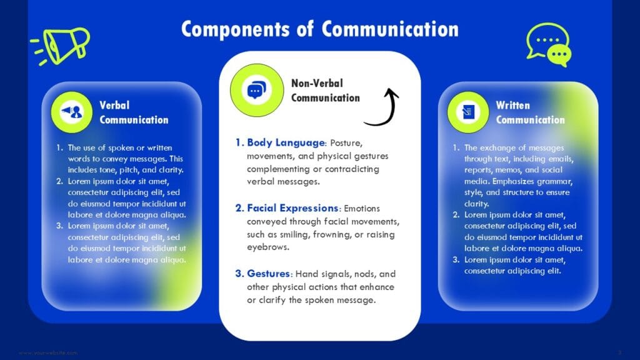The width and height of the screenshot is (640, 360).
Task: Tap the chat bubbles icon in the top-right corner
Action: tap(548, 44)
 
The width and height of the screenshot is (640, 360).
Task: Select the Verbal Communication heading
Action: tap(134, 112)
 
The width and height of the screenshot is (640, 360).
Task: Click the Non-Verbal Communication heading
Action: tap(326, 90)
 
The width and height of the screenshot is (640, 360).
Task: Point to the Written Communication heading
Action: tap(530, 112)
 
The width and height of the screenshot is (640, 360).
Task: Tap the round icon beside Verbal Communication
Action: tap(72, 111)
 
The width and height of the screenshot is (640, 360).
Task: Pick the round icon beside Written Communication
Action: tap(467, 112)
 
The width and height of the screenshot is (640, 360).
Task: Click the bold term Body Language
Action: tap(286, 142)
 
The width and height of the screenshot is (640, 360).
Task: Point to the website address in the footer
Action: tap(48, 353)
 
